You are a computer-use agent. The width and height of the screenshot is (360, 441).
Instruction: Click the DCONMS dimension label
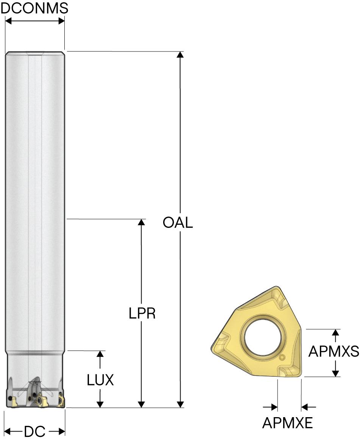pyautogui.click(x=34, y=8)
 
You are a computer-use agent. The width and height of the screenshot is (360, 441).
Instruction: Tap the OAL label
pyautogui.click(x=178, y=223)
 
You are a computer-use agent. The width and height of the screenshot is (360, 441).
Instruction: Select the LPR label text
pyautogui.click(x=142, y=313)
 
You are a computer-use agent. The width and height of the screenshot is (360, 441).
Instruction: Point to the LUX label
pyautogui.click(x=100, y=380)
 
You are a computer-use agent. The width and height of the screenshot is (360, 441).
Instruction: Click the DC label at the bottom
pyautogui.click(x=35, y=431)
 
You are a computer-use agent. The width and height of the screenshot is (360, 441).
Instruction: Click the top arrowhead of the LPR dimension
pyautogui.click(x=142, y=222)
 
